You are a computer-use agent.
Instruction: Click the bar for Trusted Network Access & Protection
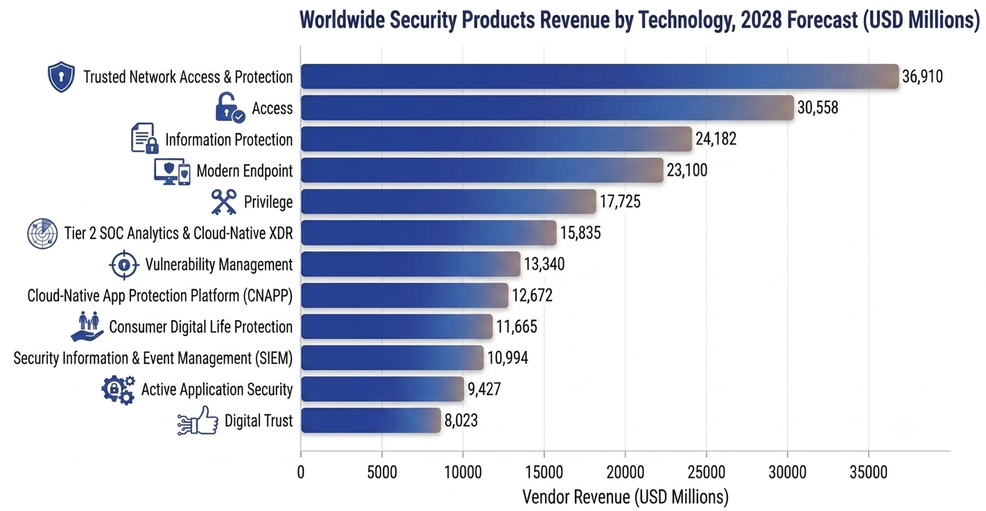[600, 76]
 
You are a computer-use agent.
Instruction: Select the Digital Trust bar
[371, 420]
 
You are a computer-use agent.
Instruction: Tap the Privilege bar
[449, 201]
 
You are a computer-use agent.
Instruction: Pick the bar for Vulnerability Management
[410, 264]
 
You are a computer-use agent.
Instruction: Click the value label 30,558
[818, 108]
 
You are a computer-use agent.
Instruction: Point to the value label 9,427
[484, 389]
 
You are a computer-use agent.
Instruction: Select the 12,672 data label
[532, 295]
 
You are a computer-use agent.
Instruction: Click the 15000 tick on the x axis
[544, 472]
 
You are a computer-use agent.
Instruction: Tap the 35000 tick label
[869, 472]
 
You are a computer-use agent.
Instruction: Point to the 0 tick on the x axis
[301, 472]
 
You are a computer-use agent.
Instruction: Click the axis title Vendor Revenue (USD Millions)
[625, 497]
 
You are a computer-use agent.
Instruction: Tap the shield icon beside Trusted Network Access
[61, 76]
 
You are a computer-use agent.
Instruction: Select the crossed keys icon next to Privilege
[223, 202]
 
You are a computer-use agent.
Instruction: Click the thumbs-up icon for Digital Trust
[198, 421]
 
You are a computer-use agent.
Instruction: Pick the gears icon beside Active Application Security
[119, 390]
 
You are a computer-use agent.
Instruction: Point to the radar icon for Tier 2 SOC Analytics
[42, 233]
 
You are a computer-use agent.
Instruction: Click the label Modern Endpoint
[244, 171]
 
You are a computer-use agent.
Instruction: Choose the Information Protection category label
[229, 140]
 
